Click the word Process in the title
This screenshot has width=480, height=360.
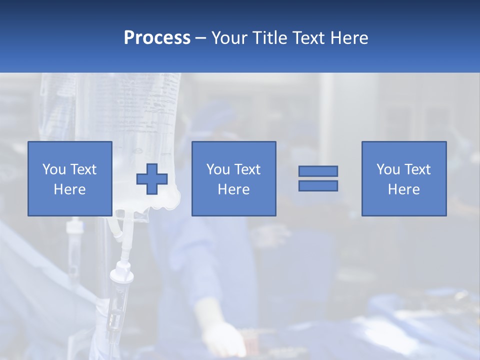point(157,38)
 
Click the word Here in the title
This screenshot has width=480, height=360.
point(350,38)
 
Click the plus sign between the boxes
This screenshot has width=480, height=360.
point(152,179)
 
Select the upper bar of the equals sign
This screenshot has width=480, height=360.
point(318,171)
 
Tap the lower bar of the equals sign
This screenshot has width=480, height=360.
point(318,186)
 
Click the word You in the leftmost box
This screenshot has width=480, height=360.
point(54,169)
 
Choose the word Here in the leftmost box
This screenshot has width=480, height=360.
point(69,189)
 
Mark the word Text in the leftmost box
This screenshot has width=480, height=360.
point(83,169)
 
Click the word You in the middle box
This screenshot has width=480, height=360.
point(218,169)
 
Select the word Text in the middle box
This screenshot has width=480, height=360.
point(247,169)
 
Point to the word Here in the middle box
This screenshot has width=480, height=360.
point(233,189)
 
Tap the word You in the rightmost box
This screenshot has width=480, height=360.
point(388,169)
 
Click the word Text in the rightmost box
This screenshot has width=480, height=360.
point(417,169)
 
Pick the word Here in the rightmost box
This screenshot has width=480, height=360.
point(403,189)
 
